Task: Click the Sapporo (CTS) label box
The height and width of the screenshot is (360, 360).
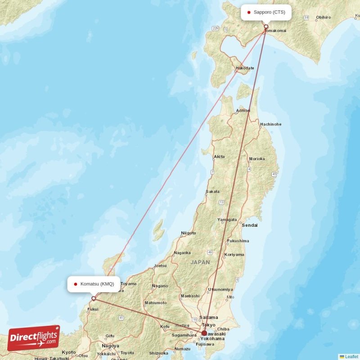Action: [x=266, y=12]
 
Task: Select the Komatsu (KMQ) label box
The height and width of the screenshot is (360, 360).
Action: [x=94, y=284]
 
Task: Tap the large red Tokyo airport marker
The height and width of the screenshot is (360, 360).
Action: [x=204, y=333]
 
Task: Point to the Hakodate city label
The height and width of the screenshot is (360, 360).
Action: [x=245, y=68]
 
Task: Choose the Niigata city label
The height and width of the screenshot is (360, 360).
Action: [x=188, y=233]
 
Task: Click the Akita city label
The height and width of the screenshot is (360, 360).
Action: [x=219, y=157]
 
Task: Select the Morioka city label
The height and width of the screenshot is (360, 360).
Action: [x=257, y=159]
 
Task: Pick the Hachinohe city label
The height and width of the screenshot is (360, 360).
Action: [x=270, y=124]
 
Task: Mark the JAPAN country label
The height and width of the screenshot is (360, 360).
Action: [x=200, y=262]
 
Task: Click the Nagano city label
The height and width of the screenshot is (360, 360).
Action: [x=160, y=286]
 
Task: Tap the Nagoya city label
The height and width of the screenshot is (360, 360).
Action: [x=110, y=346]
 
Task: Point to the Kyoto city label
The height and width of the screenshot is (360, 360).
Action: [x=69, y=352]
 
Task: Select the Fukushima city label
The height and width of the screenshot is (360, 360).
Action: [x=238, y=241]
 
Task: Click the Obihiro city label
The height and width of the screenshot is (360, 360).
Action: [x=323, y=18]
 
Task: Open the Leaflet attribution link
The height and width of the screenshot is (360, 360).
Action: [x=351, y=356]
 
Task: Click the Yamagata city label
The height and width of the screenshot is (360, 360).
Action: [x=227, y=220]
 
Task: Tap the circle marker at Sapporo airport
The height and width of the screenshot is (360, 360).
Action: [x=266, y=27]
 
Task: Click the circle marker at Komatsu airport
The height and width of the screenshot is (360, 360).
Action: [x=94, y=298]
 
